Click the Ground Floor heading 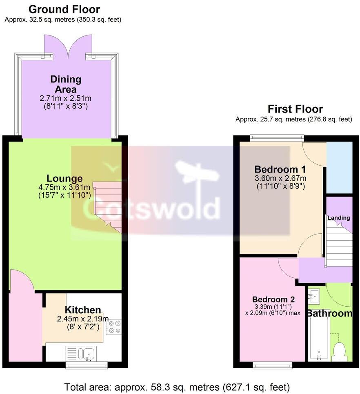click(64, 9)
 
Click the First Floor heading click(295, 109)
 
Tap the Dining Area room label click(66, 84)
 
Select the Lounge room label click(64, 178)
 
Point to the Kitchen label click(83, 310)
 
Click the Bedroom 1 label click(280, 169)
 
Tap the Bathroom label click(329, 313)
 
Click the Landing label click(339, 218)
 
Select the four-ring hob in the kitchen click(113, 326)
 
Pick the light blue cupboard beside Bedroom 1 click(339, 168)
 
